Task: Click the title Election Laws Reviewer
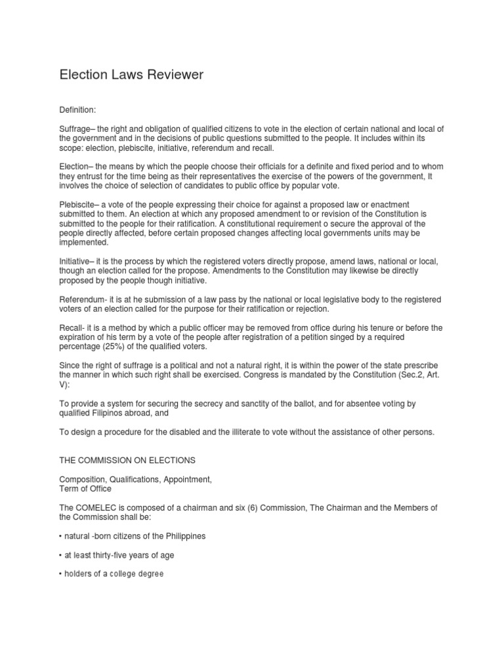tap(131, 75)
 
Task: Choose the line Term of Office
tap(85, 488)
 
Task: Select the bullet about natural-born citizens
tap(132, 535)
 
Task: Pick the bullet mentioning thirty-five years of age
tap(116, 555)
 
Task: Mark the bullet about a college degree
tap(111, 574)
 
